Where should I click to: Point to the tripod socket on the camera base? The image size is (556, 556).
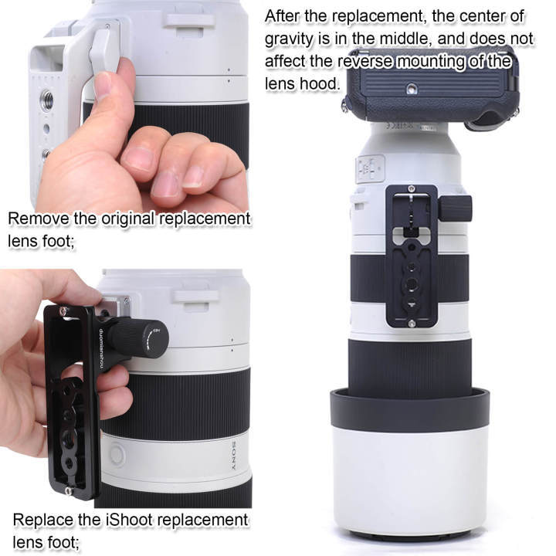(412, 89)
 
